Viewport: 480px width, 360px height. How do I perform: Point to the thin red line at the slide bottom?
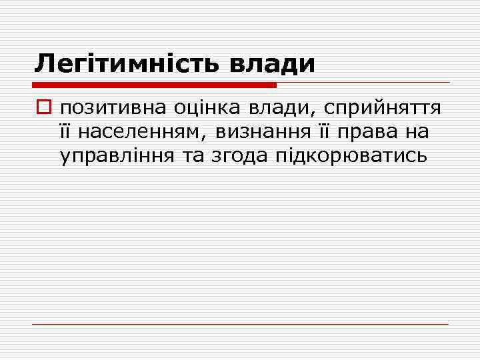240,324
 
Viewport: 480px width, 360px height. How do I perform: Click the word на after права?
416,133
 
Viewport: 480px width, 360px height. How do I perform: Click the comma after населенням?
203,137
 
